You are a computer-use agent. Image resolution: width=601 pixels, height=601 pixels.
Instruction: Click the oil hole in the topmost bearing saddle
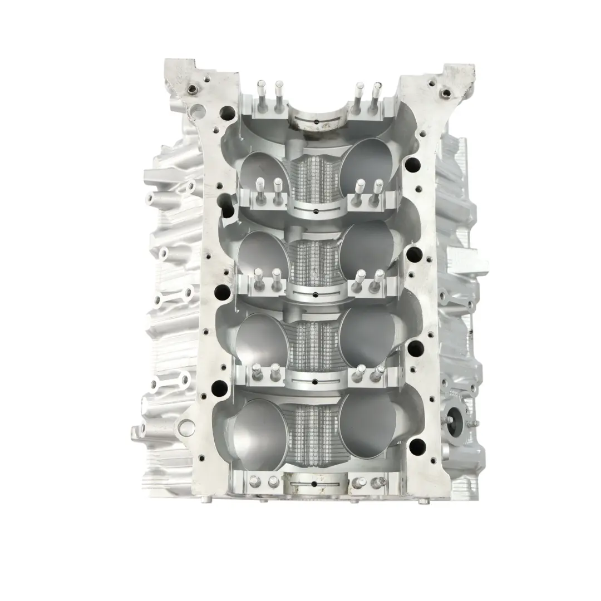coord(315,121)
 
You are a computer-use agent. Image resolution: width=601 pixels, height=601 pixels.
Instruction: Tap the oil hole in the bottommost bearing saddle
coord(315,484)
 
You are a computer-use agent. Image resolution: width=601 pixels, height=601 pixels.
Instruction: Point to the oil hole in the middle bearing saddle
coord(315,292)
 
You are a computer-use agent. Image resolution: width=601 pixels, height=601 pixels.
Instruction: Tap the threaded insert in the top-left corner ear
coord(194,89)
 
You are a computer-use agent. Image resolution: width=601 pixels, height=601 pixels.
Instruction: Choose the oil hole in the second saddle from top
coord(315,211)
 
